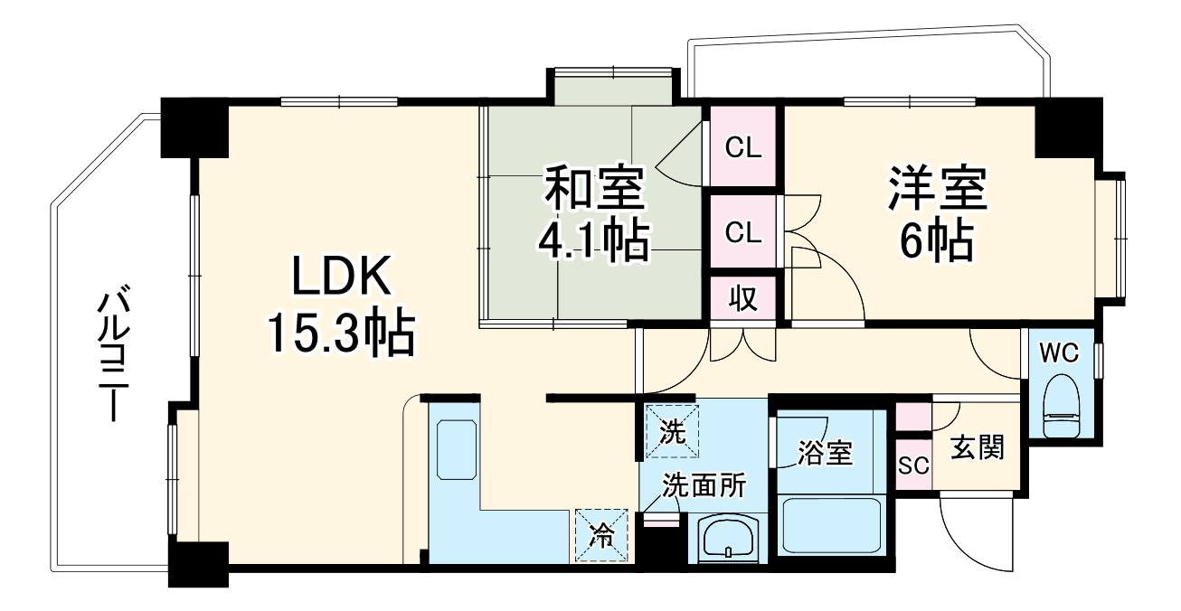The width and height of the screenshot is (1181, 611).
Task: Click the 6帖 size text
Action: point(936,240)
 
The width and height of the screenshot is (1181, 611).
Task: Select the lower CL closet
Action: point(744,232)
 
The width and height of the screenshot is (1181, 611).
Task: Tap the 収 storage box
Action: point(742,298)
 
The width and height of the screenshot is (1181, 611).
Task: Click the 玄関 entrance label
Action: point(977,447)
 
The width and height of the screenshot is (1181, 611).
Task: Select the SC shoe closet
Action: point(912,467)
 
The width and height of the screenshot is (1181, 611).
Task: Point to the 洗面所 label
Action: point(704,486)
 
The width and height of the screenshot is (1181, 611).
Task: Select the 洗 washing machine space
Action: point(671,431)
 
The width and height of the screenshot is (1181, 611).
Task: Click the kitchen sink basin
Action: point(456,449)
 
